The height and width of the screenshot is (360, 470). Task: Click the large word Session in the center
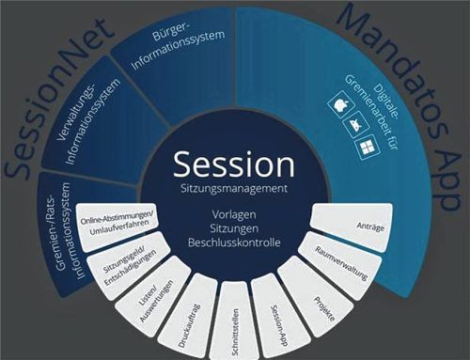click(x=234, y=164)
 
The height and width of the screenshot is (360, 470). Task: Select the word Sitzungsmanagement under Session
click(x=234, y=189)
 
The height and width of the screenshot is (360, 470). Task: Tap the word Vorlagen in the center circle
click(x=234, y=213)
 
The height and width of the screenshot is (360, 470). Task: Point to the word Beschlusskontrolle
click(x=234, y=243)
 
